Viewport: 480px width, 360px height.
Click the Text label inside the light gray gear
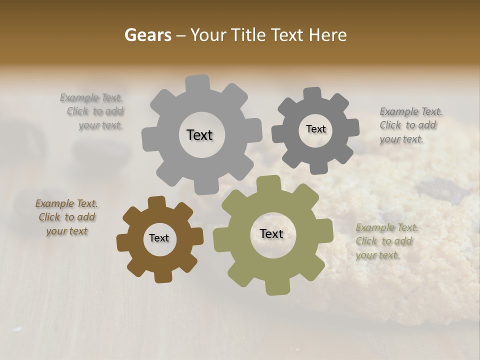(199, 135)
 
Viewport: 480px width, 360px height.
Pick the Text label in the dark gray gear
(315, 129)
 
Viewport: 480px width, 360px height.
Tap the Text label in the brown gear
(159, 238)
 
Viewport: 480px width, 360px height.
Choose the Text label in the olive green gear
(271, 233)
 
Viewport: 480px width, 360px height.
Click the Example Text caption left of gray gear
(92, 111)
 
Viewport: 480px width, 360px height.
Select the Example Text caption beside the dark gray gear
(410, 125)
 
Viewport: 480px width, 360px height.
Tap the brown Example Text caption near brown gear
(66, 217)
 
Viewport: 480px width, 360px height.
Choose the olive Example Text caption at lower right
(386, 241)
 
